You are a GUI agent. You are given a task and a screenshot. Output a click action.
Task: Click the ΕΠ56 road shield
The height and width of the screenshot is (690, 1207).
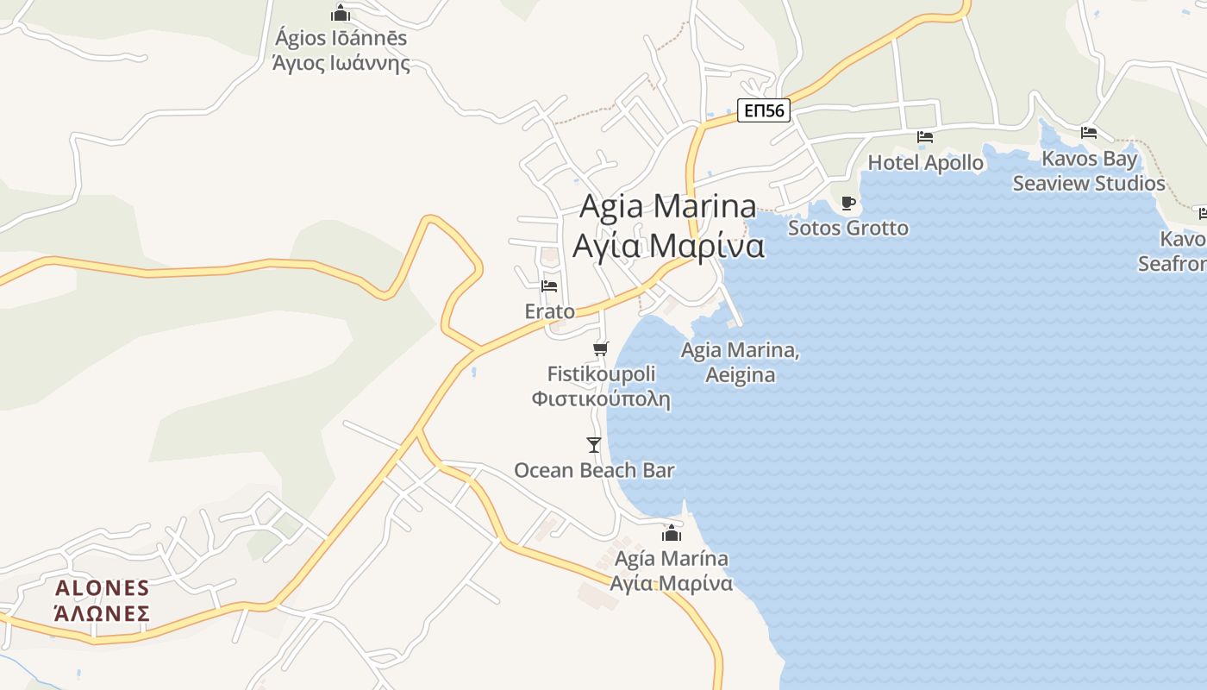[764, 110]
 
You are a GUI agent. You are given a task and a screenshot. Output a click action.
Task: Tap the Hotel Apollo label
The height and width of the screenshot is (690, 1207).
[925, 162]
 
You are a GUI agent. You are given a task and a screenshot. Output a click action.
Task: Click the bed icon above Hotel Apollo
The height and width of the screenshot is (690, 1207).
[925, 137]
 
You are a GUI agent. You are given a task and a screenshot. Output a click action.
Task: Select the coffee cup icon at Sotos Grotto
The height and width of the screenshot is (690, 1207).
[848, 204]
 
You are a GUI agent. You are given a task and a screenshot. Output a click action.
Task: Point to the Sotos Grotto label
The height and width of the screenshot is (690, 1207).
[848, 228]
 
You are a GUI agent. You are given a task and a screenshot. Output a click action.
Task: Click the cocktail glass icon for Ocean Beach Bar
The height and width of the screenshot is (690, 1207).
[594, 445]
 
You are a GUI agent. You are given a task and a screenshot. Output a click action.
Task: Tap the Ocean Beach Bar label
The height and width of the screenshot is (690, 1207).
[594, 470]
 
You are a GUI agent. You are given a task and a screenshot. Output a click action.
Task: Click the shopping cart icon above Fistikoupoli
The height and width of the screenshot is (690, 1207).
[601, 348]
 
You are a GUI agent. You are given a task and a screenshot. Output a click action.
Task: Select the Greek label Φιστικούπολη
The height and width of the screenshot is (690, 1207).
[601, 399]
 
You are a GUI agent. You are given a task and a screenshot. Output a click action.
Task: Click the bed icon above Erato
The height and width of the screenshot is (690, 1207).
[549, 286]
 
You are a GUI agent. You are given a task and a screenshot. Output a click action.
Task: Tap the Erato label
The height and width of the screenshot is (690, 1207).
[549, 310]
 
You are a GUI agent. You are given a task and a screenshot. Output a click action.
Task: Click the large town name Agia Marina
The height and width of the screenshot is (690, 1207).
[668, 207]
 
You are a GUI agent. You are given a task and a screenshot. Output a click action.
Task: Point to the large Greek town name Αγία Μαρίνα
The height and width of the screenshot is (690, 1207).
[668, 246]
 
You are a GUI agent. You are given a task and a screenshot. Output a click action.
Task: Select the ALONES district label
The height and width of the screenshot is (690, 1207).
[103, 588]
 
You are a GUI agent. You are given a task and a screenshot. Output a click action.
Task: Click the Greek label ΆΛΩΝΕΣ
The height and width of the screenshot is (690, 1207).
[103, 614]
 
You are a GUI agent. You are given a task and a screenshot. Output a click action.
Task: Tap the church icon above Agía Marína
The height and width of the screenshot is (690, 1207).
[672, 534]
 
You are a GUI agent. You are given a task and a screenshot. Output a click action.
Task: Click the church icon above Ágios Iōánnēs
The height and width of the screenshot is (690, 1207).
[341, 14]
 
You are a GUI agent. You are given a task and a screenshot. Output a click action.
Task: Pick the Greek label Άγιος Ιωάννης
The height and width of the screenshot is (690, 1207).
[341, 63]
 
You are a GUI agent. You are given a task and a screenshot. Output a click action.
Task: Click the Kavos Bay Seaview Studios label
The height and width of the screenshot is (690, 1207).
[1089, 171]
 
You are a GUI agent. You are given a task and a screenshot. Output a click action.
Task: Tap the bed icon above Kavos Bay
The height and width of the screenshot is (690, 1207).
[1089, 133]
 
